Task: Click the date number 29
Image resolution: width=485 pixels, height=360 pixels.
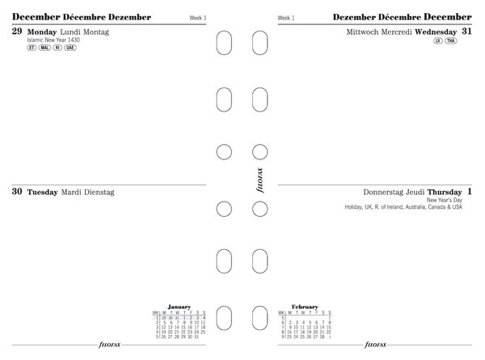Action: coord(18,31)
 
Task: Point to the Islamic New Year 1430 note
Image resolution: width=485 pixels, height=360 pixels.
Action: coord(53,40)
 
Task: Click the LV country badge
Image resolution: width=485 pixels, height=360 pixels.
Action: coord(437,40)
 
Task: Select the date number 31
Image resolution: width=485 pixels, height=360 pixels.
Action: coord(467,31)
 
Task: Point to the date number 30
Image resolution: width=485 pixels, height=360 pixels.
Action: coord(18,192)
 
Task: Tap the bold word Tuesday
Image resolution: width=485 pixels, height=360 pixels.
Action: coord(42,193)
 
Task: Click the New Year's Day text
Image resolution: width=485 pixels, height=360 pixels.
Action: coord(445,200)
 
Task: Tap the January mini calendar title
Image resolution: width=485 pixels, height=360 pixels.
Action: coord(179,307)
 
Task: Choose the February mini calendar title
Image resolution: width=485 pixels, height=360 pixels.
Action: coord(305,307)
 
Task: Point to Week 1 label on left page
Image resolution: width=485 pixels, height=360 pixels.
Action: coord(198,17)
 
